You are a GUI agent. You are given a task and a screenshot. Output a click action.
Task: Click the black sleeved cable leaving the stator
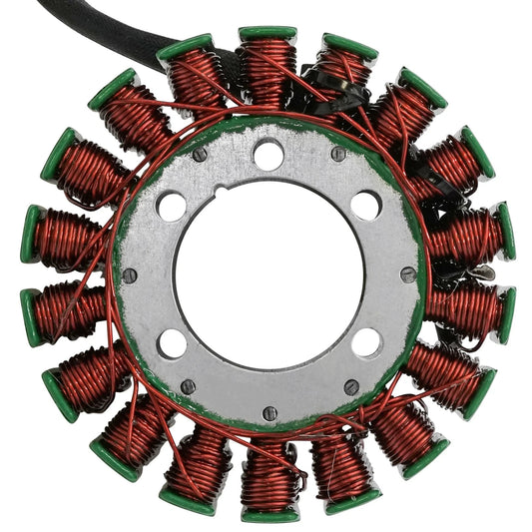point(95,30)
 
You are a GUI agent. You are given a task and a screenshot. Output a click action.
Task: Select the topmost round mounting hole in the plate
point(267,155)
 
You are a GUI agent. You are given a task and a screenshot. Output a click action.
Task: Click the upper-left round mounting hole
point(172,207)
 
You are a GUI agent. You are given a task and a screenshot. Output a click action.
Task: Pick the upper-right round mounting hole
point(365,205)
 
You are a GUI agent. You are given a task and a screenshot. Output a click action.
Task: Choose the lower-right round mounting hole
point(366,342)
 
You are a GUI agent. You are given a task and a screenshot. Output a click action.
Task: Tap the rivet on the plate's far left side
point(129,275)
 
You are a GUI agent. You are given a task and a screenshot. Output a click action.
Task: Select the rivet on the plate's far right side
point(407,274)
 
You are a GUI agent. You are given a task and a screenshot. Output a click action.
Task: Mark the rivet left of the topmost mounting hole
point(200,155)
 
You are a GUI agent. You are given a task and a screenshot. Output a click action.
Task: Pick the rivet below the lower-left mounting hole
point(188,386)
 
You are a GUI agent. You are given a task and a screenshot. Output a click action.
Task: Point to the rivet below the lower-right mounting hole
point(350,386)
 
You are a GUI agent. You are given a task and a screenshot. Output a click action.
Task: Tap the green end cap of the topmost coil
point(267,33)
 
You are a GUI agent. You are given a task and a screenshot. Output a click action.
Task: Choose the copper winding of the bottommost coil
point(268,475)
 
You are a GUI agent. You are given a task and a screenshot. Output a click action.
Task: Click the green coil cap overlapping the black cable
point(185,46)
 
